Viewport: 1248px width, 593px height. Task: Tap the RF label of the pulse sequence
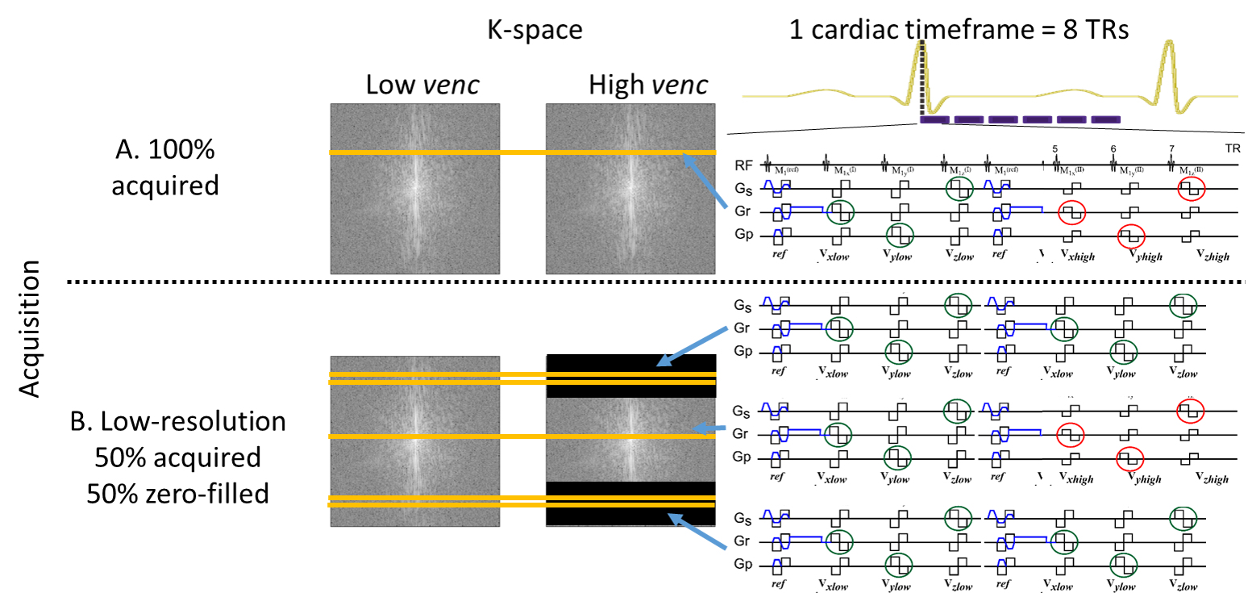[743, 165]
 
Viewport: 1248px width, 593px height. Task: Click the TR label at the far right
[1230, 150]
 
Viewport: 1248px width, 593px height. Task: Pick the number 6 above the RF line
[1113, 150]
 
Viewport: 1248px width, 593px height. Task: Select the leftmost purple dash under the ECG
[934, 119]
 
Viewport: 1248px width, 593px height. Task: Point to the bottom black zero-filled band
[631, 503]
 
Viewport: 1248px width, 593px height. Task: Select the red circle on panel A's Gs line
[1192, 190]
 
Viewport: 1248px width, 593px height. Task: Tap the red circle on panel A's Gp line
[1131, 236]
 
